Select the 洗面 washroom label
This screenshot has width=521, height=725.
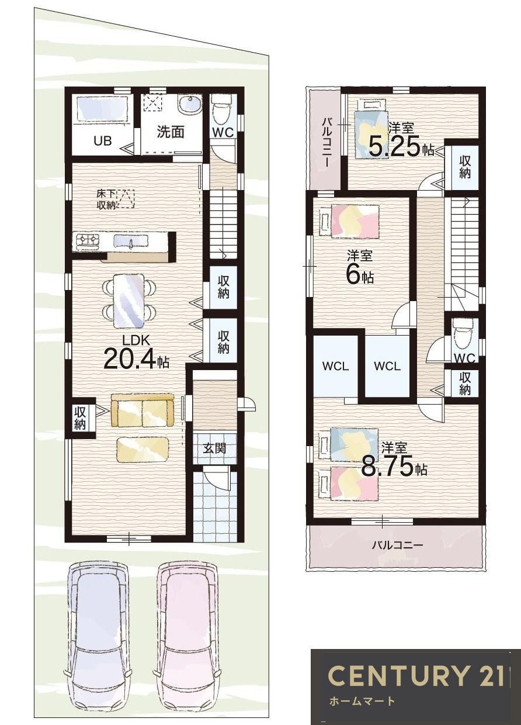click(x=171, y=132)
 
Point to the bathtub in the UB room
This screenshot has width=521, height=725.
click(x=103, y=110)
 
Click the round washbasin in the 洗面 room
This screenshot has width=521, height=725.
click(x=189, y=105)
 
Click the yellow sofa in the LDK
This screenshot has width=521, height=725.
click(x=143, y=410)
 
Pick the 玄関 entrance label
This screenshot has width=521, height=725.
click(x=214, y=449)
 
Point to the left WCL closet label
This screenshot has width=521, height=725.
click(x=336, y=367)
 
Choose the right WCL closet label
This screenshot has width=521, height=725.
click(x=387, y=367)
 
